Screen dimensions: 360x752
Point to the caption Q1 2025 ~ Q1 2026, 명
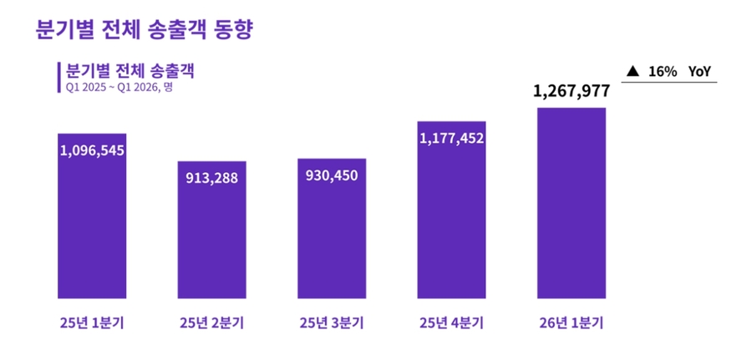pyautogui.click(x=119, y=87)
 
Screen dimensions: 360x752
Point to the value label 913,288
pyautogui.click(x=212, y=178)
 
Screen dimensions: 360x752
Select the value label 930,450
pyautogui.click(x=332, y=176)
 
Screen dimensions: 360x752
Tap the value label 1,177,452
pyautogui.click(x=451, y=138)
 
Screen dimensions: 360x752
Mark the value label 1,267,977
pyautogui.click(x=571, y=91)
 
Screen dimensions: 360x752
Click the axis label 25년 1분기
pyautogui.click(x=92, y=322)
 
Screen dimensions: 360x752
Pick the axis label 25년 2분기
pyautogui.click(x=212, y=322)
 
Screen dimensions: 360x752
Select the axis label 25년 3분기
pyautogui.click(x=332, y=322)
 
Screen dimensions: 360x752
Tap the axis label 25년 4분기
pyautogui.click(x=451, y=322)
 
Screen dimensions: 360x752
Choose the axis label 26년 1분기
pyautogui.click(x=571, y=322)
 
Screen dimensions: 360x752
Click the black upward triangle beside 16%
pyautogui.click(x=633, y=72)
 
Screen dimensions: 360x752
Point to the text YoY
pyautogui.click(x=699, y=72)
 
